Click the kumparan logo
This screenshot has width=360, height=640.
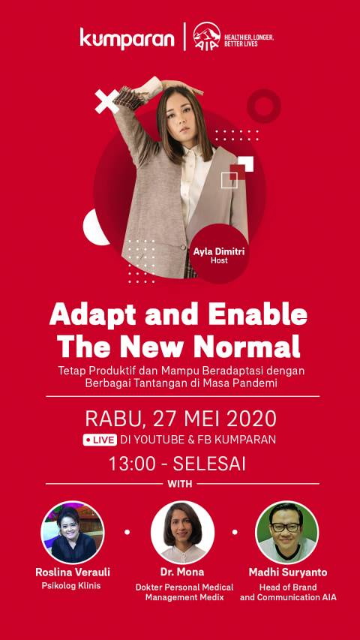pos(127,38)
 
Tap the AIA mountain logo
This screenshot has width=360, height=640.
pos(206,37)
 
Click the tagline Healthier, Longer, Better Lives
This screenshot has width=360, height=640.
pos(249,41)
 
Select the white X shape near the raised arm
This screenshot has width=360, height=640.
pos(107,101)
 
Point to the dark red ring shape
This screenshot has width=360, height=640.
pos(264,106)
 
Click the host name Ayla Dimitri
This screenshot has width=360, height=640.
pos(219,252)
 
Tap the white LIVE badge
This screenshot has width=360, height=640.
pos(100,440)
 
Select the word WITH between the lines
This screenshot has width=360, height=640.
pos(180,484)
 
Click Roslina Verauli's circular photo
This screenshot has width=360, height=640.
pos(73,532)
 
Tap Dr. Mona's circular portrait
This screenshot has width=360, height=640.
pos(182,532)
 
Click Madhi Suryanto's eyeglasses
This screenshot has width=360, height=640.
pos(286,527)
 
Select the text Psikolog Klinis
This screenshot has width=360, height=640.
pos(71,586)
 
